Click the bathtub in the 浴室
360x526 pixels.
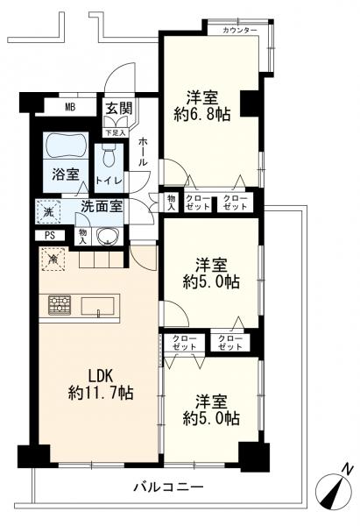coord(67,146)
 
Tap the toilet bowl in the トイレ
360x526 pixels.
coord(109,155)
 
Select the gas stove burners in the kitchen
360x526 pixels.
coord(60,304)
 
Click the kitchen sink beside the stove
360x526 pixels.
coord(97,306)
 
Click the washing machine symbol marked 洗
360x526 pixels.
coord(48,211)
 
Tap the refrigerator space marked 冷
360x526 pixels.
coord(53,259)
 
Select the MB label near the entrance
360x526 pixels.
coord(70,107)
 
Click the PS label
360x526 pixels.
coord(50,236)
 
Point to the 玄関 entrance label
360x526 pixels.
coord(119,109)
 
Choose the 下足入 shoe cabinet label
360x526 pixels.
coord(116,133)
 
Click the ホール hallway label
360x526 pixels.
coord(143,152)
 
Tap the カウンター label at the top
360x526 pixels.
coord(240,31)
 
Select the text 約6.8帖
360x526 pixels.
coord(202,115)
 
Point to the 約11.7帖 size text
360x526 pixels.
coord(101,393)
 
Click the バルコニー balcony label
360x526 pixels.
coord(168,486)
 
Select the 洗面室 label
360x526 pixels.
coord(102,207)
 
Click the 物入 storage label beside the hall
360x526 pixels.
coord(172,203)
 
